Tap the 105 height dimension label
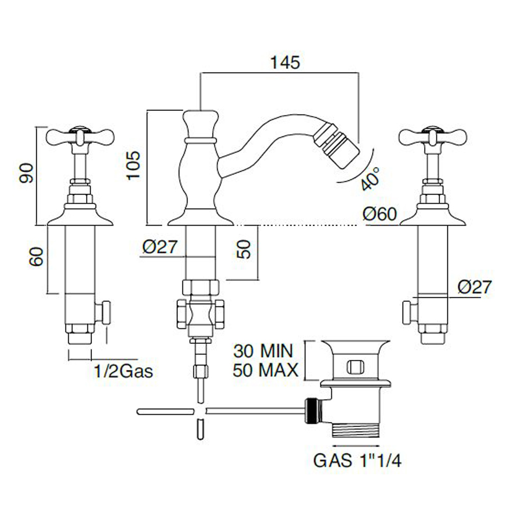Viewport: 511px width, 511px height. pos(134,165)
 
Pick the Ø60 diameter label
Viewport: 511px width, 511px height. pos(380,214)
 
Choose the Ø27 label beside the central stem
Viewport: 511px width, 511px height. pos(160,247)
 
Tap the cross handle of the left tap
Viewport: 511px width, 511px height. pos(81,135)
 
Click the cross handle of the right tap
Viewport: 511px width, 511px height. pos(434,135)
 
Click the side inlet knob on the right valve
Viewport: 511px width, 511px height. pos(407,312)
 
